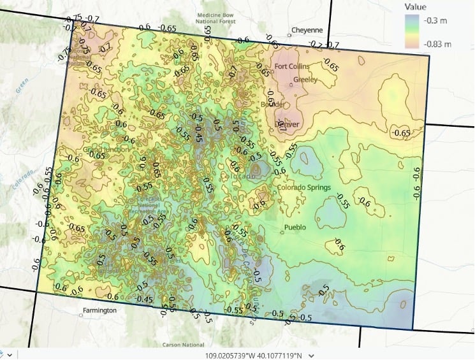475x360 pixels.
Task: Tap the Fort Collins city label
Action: point(292,66)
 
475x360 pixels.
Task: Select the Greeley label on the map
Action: point(305,80)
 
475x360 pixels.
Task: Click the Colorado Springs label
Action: point(303,187)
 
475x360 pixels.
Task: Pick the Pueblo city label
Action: point(295,227)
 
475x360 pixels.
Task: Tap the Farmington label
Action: point(99,310)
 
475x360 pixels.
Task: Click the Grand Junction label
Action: point(105,150)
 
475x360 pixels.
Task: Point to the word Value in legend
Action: point(415,7)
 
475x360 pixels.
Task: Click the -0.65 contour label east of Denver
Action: point(402,133)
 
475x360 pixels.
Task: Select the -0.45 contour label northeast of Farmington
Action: point(145,300)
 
